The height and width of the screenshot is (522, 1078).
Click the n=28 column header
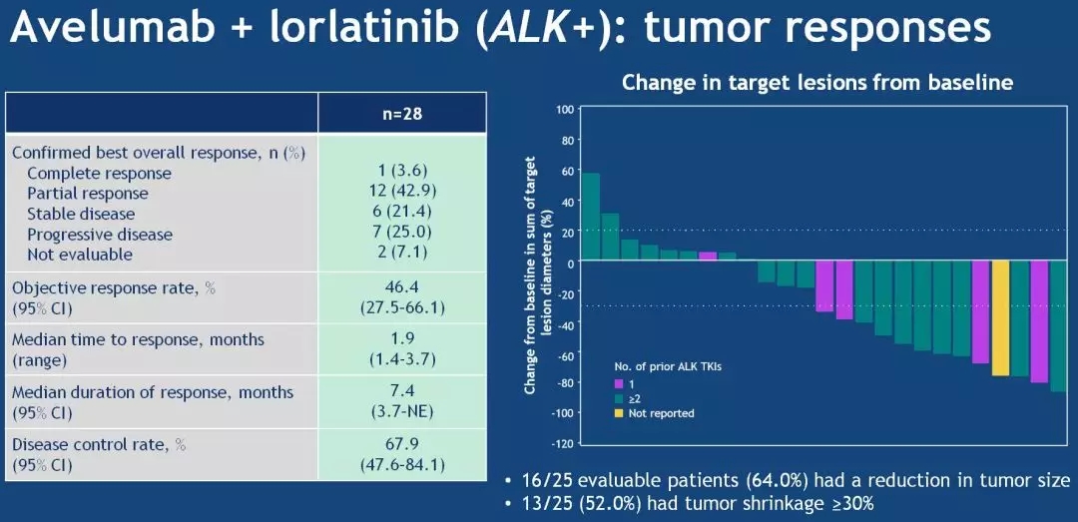[402, 113]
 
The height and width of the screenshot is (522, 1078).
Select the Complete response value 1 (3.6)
[402, 173]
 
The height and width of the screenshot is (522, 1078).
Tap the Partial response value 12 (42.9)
[402, 193]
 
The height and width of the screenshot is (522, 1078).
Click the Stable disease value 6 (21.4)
[402, 214]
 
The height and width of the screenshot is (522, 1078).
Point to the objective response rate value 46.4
[402, 287]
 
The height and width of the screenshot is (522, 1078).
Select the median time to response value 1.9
[402, 338]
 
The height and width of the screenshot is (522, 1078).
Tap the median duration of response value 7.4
[402, 391]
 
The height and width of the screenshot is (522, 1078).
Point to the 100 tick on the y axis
[565, 110]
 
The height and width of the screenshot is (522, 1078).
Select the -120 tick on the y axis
[562, 443]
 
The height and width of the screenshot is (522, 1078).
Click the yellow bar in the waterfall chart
[999, 318]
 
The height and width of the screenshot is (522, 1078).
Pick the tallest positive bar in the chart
[590, 217]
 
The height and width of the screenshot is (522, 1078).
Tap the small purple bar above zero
[708, 257]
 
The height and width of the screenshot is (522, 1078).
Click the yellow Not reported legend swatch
[618, 412]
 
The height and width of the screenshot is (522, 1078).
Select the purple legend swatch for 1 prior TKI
[618, 382]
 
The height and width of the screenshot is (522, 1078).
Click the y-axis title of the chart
[537, 274]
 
